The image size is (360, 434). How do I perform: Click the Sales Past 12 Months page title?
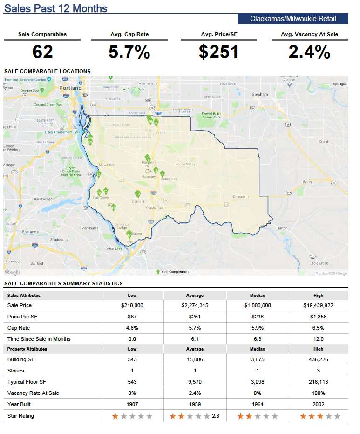55,8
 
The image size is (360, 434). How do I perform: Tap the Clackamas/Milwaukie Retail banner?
293,19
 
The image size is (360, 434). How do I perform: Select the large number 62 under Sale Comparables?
42,52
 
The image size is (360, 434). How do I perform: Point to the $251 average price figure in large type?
219,52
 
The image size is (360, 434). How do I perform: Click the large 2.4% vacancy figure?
309,52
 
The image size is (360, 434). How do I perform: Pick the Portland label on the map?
71,88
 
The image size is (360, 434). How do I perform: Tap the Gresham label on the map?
260,95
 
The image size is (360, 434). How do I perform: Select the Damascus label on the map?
241,197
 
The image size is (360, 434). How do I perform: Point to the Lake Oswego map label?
41,199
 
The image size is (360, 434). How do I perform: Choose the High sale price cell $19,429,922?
318,305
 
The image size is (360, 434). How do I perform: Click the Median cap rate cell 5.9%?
257,328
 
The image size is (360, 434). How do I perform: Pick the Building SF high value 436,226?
318,359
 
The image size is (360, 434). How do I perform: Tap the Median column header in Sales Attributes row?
257,295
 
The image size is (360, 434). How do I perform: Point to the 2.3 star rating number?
215,416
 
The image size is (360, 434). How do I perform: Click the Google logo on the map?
13,272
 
